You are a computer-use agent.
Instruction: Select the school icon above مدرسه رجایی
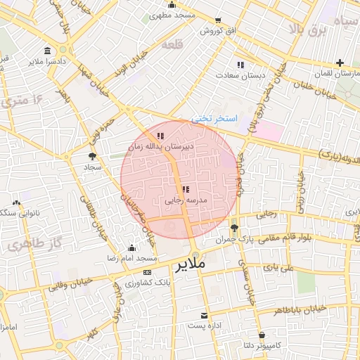pos(185,189)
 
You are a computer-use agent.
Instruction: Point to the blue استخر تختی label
pos(216,118)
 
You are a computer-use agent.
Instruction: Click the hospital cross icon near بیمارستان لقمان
pos(340,62)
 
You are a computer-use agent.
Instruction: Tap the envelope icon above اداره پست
pos(205,316)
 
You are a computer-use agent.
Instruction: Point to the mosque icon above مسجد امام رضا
pos(131,247)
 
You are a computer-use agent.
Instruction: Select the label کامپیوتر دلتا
pos(262,346)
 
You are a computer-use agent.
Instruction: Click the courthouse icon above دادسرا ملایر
pos(47,51)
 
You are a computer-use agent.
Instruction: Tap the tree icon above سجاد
pos(93,156)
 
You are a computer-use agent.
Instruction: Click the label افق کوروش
pos(211,32)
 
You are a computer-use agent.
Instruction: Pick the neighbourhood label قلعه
pos(172,45)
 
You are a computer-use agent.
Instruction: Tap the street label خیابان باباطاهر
pos(300,309)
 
